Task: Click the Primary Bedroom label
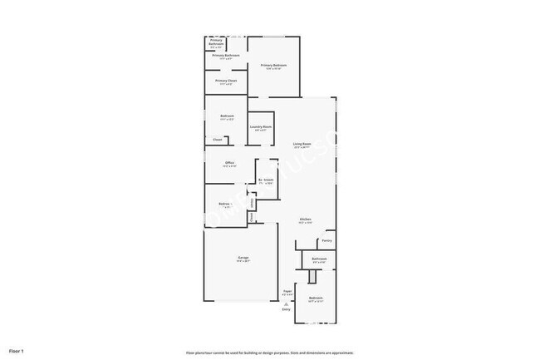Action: [x=273, y=65]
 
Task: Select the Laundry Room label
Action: [x=261, y=126]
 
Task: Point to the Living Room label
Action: [x=302, y=144]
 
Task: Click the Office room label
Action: [x=229, y=162]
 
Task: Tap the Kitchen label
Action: [x=306, y=219]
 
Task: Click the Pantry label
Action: [x=326, y=241]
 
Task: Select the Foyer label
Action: [x=287, y=291]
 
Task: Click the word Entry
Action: [x=287, y=310]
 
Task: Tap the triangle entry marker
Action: [x=287, y=304]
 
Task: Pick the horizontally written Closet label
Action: [x=218, y=139]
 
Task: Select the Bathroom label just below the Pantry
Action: [x=319, y=259]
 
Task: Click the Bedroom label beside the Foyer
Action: [x=316, y=298]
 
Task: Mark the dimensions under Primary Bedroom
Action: [x=273, y=68]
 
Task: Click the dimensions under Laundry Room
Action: [x=261, y=130]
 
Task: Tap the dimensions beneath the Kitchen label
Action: [x=306, y=223]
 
